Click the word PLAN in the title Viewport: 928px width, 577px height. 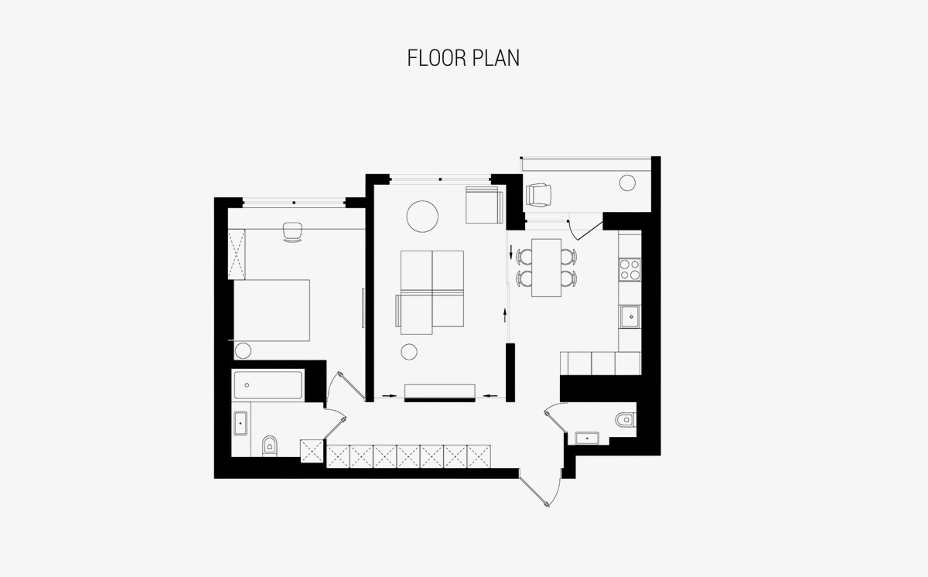pyautogui.click(x=496, y=58)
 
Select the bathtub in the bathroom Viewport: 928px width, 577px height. pyautogui.click(x=268, y=385)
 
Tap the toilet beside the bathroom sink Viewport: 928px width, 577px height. pyautogui.click(x=270, y=446)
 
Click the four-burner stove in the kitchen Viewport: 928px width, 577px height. pyautogui.click(x=629, y=270)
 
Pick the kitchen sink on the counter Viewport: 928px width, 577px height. pyautogui.click(x=629, y=317)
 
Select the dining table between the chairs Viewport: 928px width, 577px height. pyautogui.click(x=547, y=268)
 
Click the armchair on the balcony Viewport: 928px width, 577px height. pyautogui.click(x=538, y=195)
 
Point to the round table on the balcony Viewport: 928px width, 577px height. pyautogui.click(x=627, y=183)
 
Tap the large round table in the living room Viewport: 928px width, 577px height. pyautogui.click(x=422, y=217)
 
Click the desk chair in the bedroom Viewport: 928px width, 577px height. pyautogui.click(x=292, y=231)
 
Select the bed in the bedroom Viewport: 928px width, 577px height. pyautogui.click(x=271, y=310)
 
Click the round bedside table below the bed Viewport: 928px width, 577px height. pyautogui.click(x=243, y=351)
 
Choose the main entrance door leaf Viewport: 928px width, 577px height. pyautogui.click(x=534, y=492)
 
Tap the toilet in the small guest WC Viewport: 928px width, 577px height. pyautogui.click(x=625, y=419)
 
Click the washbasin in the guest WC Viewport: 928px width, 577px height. pyautogui.click(x=587, y=439)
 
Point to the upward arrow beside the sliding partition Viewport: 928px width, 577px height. pyautogui.click(x=504, y=315)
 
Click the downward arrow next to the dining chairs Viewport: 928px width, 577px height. pyautogui.click(x=511, y=252)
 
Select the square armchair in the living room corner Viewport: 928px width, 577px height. pyautogui.click(x=484, y=205)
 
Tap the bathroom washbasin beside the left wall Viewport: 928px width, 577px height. pyautogui.click(x=241, y=423)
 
